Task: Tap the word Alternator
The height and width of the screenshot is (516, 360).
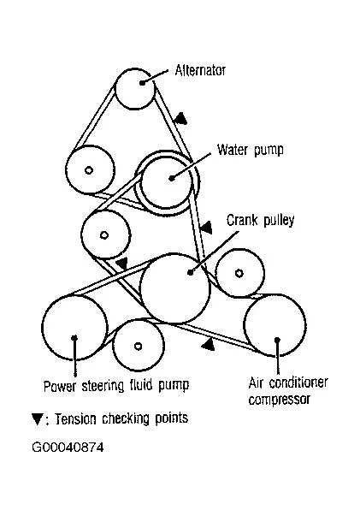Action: click(200, 70)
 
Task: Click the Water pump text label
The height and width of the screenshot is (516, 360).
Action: click(251, 150)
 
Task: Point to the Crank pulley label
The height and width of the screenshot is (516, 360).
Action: click(261, 220)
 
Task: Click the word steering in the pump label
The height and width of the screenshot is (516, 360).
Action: click(103, 385)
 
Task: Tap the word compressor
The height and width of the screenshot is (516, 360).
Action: click(279, 400)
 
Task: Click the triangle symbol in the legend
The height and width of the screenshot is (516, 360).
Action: click(37, 419)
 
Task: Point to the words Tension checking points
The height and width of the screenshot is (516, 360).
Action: click(121, 418)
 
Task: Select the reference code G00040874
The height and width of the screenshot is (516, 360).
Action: click(68, 448)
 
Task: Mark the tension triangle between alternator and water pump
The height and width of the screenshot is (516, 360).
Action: click(180, 119)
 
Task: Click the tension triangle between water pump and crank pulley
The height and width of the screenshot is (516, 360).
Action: click(206, 227)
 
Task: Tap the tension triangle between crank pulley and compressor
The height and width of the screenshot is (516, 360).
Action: click(208, 345)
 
